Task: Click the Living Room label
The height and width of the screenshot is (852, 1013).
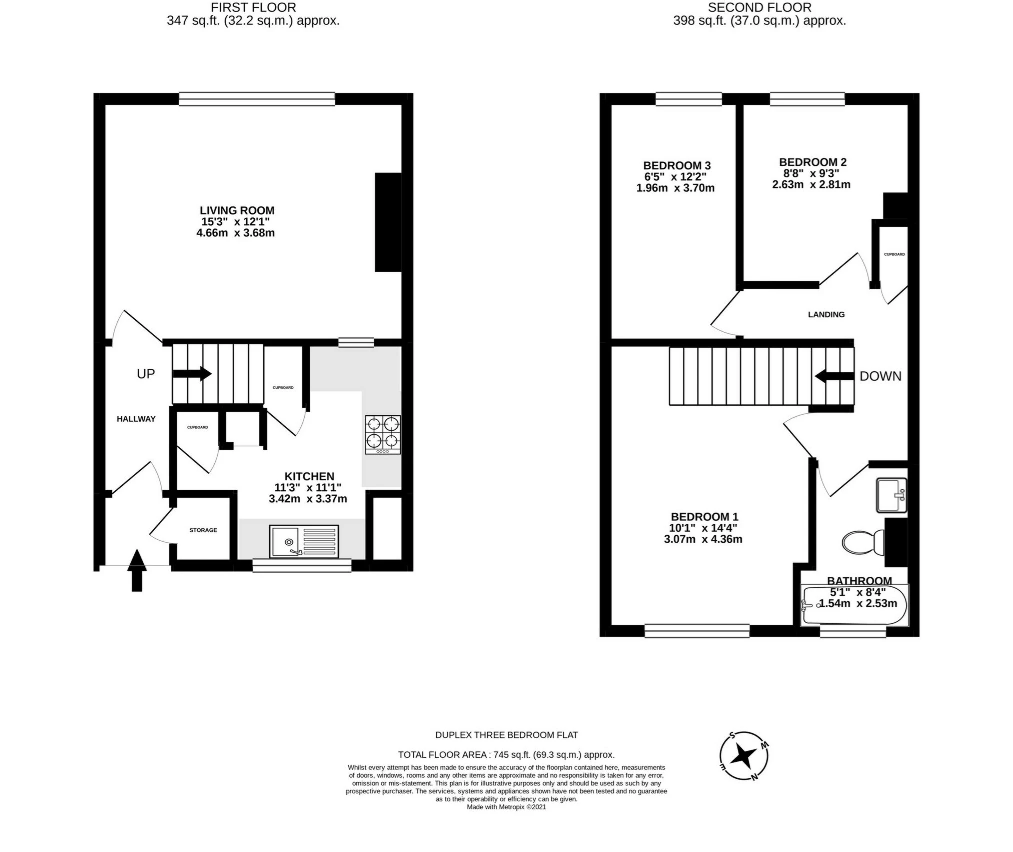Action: pos(237,210)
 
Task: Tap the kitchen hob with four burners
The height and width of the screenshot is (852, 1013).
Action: pos(383,434)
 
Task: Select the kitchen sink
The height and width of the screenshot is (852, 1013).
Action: pos(304,541)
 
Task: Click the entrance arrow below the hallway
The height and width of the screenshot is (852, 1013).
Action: pos(137,570)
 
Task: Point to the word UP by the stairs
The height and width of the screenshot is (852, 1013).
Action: pos(146,374)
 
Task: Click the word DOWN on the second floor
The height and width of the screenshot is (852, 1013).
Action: pos(880,376)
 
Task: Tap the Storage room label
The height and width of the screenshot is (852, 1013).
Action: pos(203,530)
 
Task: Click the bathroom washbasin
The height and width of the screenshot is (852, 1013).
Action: pos(891,495)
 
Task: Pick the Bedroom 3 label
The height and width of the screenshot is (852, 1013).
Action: pos(677,165)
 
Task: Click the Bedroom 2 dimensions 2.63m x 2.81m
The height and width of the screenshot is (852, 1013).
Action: pos(811,184)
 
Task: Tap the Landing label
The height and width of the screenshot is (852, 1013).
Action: pos(826,314)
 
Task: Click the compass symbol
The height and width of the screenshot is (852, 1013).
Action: pos(744,756)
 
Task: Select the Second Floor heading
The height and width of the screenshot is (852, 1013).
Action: pos(759,8)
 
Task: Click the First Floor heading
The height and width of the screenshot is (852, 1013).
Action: pos(253,8)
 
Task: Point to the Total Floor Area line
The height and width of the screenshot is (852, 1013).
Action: pos(506,755)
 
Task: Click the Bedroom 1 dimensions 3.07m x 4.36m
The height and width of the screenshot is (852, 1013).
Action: pos(703,539)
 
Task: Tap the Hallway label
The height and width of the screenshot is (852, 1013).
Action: pos(136,419)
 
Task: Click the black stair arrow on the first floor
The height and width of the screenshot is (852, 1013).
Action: pos(192,374)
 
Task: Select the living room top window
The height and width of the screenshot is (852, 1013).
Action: pos(257,99)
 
